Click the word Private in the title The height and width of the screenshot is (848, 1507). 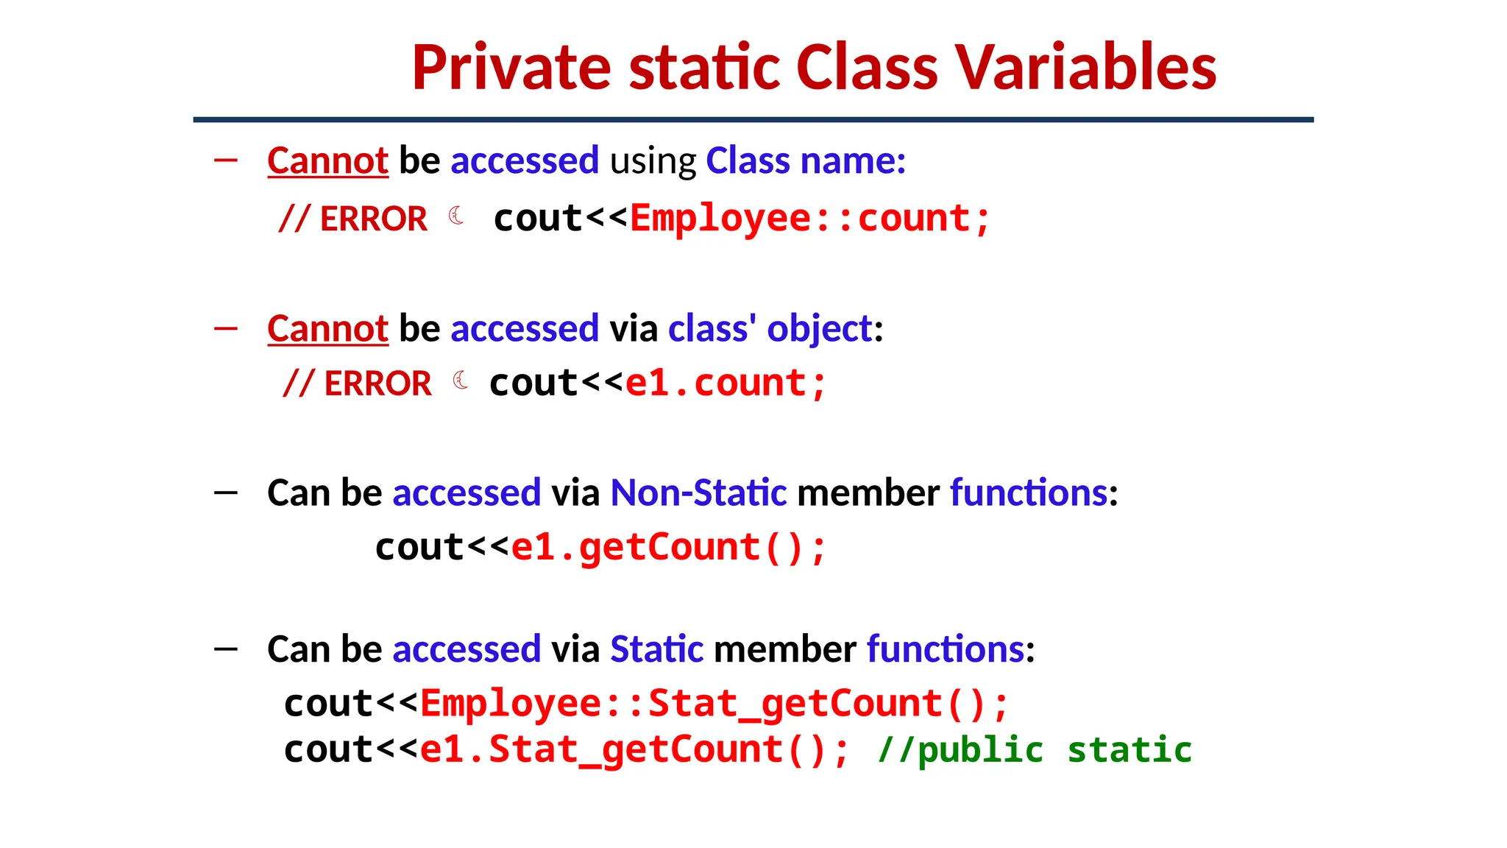[x=511, y=68]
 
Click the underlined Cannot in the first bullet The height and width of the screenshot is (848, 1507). [x=327, y=160]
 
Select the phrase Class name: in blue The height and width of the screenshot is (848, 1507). [x=806, y=160]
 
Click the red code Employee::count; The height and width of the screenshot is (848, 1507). [x=810, y=219]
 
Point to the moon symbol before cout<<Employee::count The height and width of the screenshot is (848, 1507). [x=456, y=216]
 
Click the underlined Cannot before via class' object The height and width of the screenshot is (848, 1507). [x=327, y=328]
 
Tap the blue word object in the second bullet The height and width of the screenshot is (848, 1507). [x=819, y=328]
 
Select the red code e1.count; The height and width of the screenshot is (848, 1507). [x=726, y=384]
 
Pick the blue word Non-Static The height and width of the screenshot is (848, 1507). [x=698, y=492]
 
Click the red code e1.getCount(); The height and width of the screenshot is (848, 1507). [x=669, y=548]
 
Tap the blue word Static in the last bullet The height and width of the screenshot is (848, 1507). [x=656, y=649]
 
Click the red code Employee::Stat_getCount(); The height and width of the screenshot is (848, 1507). [x=714, y=704]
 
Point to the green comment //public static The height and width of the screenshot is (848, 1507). [x=1035, y=750]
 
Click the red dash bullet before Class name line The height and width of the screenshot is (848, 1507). [x=226, y=160]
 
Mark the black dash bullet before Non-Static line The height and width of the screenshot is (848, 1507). [x=226, y=492]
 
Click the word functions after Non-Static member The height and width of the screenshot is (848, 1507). [x=1029, y=492]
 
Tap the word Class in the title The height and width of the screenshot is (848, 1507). [x=867, y=68]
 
